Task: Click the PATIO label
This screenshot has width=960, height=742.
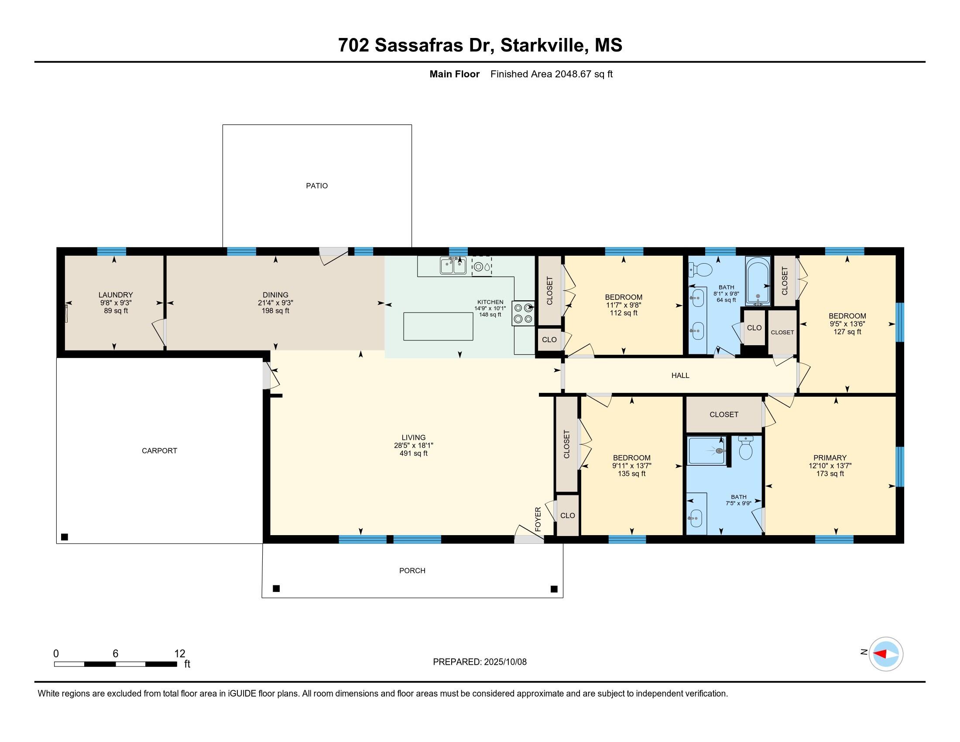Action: [x=316, y=186]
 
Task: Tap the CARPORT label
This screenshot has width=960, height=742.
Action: [x=159, y=450]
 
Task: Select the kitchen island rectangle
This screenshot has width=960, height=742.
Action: [x=438, y=326]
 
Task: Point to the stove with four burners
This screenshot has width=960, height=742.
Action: [x=523, y=313]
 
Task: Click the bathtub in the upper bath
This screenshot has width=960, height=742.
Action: [x=758, y=281]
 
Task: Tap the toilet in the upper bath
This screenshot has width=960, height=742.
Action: [x=700, y=269]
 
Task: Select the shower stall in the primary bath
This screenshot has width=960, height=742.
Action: [x=707, y=450]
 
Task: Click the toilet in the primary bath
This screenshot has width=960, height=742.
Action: [x=745, y=448]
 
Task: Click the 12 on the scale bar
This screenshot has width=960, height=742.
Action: [x=180, y=654]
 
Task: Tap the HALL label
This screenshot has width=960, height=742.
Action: [x=680, y=375]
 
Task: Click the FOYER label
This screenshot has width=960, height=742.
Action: [x=538, y=519]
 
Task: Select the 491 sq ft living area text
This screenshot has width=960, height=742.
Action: [x=413, y=453]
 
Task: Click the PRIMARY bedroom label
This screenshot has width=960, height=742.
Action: [x=830, y=457]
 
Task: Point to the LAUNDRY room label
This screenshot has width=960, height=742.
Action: [x=116, y=295]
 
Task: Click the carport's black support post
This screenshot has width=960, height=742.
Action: [x=65, y=537]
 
